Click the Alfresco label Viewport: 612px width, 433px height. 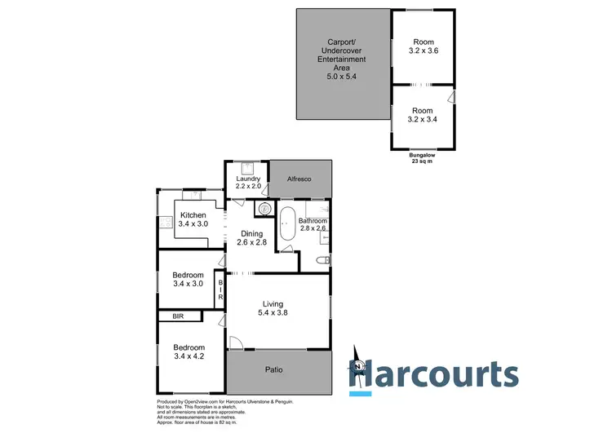click(300, 179)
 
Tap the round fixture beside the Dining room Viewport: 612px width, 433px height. click(264, 209)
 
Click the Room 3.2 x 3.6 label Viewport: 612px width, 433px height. click(423, 47)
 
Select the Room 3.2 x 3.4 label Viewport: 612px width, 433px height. click(423, 115)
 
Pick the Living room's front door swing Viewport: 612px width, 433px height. click(234, 344)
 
